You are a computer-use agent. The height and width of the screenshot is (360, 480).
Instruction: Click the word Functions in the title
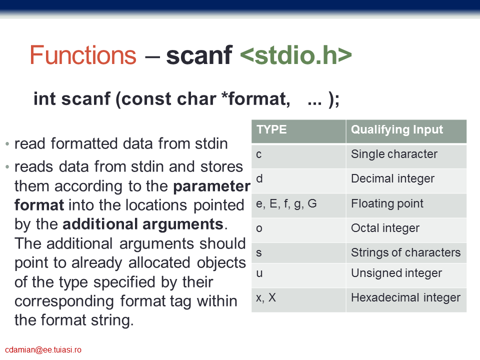tap(83, 55)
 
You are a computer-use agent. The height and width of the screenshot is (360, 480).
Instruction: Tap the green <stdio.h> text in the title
tap(295, 55)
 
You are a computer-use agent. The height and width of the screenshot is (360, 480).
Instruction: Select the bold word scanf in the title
tap(199, 55)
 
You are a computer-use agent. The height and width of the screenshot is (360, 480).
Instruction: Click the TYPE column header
tap(298, 131)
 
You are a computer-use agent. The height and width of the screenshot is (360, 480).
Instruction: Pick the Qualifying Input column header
tap(406, 131)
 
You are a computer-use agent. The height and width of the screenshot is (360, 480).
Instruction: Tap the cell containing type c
tap(298, 156)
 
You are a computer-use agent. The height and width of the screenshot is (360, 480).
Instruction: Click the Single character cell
tap(406, 156)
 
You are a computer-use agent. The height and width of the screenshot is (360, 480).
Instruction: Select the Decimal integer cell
tap(406, 181)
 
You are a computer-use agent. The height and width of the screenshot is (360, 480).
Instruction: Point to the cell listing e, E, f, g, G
tap(298, 205)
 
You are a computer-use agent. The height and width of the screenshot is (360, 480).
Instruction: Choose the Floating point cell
tap(406, 205)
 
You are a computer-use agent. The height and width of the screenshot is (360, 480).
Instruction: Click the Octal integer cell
tap(406, 230)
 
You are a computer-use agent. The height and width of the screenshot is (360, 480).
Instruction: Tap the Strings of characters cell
tap(406, 253)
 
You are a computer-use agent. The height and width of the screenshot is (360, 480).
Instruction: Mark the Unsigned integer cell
tap(406, 275)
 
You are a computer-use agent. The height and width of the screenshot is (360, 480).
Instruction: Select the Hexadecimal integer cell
tap(406, 300)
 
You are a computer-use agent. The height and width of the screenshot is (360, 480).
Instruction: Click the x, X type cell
tap(298, 300)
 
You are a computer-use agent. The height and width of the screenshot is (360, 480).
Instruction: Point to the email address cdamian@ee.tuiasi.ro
tap(43, 350)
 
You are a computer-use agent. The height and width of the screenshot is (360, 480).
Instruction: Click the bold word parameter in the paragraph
tap(212, 186)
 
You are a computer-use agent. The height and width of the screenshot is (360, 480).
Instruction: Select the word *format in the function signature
tap(256, 99)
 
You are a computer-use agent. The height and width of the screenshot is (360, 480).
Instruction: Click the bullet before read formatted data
tap(7, 144)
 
